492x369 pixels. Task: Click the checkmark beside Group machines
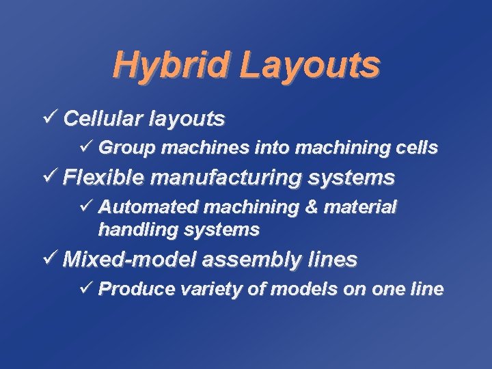click(x=86, y=147)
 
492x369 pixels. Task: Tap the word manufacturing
click(x=226, y=179)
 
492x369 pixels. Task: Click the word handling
click(x=133, y=230)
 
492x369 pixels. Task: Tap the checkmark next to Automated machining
click(x=86, y=206)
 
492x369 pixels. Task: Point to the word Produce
click(x=137, y=289)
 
